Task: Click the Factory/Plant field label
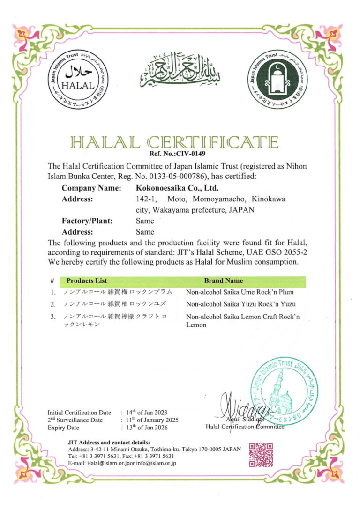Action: [87, 221]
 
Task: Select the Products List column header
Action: [87, 281]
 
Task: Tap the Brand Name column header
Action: [223, 281]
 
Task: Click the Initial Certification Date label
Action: [79, 413]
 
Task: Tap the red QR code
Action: [261, 454]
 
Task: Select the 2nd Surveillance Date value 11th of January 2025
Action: [153, 420]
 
